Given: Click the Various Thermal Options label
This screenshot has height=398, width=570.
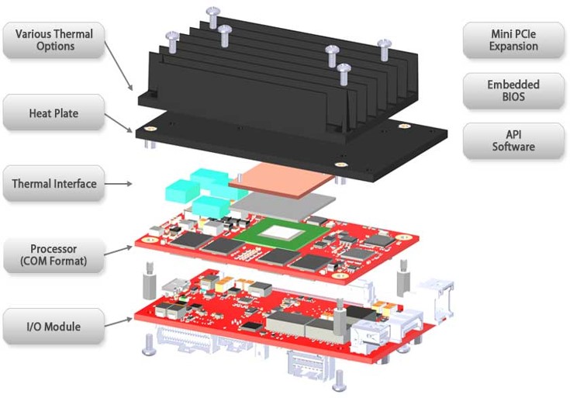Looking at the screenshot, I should (x=54, y=40).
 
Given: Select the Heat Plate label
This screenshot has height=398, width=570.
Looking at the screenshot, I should (x=54, y=113).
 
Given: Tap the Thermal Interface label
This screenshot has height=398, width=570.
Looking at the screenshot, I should (x=54, y=184).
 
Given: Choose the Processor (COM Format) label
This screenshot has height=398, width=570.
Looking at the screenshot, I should (x=54, y=255).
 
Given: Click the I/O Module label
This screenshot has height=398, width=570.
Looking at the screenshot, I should (x=54, y=327).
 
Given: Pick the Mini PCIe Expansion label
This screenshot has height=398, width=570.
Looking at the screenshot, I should (x=513, y=40).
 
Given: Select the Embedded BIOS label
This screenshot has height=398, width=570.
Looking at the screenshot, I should (x=513, y=91).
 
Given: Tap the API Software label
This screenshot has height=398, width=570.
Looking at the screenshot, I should (x=513, y=140).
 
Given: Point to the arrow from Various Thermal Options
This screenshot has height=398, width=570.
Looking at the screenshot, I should (x=120, y=65).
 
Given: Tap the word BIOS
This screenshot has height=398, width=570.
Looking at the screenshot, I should (x=513, y=97).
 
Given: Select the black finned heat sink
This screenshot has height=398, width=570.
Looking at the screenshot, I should (x=279, y=74).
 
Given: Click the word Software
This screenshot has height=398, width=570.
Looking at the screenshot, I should (x=513, y=147).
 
